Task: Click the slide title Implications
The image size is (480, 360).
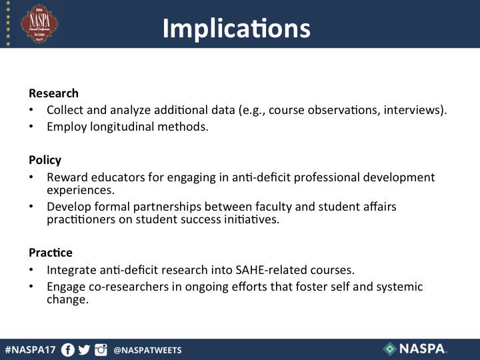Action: (236, 28)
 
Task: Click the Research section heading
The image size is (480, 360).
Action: (53, 93)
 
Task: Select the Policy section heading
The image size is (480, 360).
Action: (45, 160)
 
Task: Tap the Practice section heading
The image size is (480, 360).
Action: (51, 253)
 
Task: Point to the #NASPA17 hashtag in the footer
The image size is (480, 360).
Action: (32, 349)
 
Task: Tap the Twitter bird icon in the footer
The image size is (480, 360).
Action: (84, 349)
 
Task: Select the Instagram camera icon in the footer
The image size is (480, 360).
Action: (101, 349)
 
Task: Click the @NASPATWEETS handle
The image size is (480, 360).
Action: (147, 350)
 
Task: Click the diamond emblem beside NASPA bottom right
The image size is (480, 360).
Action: (390, 349)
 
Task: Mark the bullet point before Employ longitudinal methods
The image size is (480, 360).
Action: (31, 127)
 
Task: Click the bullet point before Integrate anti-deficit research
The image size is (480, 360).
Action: (31, 270)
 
